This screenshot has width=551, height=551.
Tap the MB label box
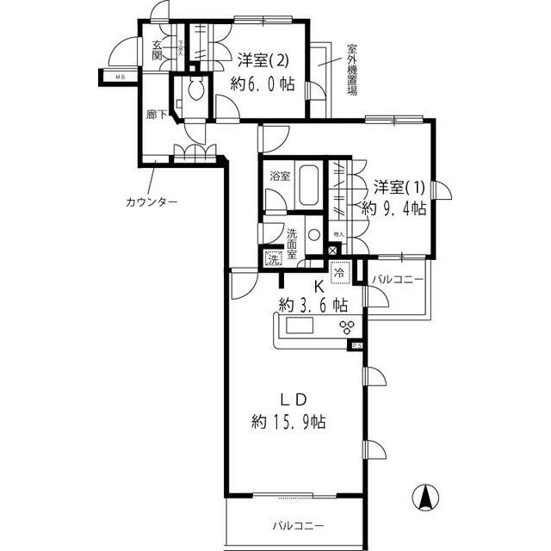click(113, 78)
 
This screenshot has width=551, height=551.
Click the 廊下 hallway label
click(157, 114)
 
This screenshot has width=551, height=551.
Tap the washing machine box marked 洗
click(273, 257)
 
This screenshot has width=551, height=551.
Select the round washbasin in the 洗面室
click(313, 234)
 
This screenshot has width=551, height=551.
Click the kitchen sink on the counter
click(302, 326)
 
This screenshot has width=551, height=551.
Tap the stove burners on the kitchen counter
click(346, 326)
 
